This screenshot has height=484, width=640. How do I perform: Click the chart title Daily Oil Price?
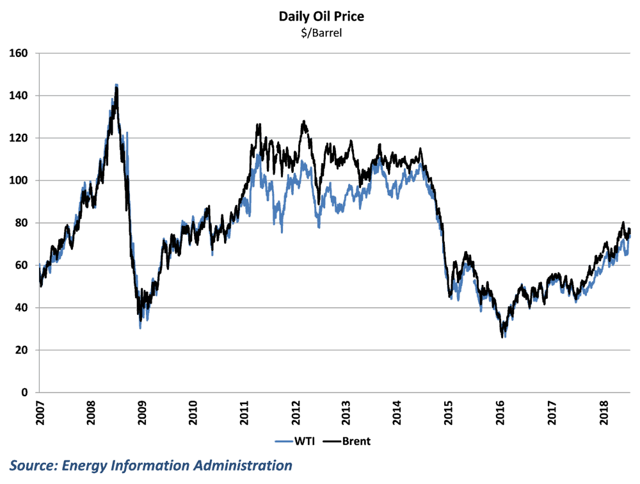click(321, 17)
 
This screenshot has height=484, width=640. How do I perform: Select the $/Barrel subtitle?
click(321, 33)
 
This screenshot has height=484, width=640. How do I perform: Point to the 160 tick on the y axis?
click(20, 53)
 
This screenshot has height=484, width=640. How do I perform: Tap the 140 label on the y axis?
click(20, 95)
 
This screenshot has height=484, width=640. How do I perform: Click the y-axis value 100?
click(20, 181)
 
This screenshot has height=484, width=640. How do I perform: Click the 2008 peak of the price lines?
click(116, 85)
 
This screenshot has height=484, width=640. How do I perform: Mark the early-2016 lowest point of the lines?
click(504, 336)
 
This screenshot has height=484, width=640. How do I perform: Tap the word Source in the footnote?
click(31, 465)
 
